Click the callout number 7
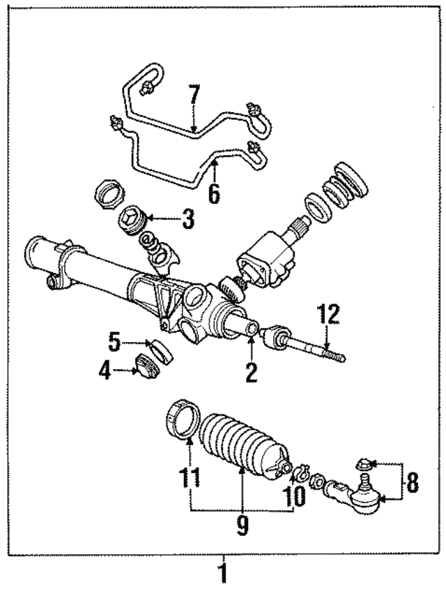point(193,96)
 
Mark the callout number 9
point(242,524)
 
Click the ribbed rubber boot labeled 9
point(240,447)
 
